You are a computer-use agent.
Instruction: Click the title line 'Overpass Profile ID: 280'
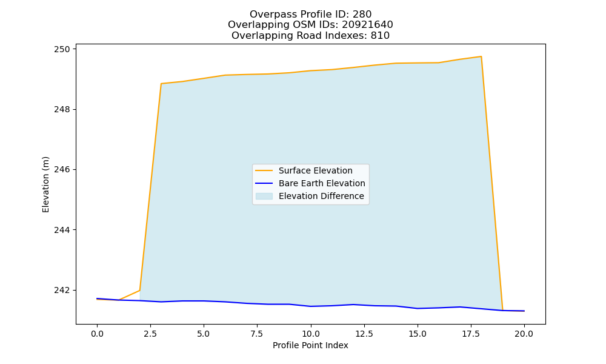(310, 15)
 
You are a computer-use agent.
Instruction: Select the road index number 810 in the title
(381, 36)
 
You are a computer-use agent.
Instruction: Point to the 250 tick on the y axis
(62, 49)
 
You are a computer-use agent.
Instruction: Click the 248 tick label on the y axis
(62, 109)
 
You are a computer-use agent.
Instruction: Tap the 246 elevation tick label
(62, 169)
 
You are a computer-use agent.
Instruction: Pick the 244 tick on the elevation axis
(62, 230)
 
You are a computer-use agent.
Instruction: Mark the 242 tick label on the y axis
(62, 290)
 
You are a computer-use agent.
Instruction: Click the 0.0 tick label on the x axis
(97, 334)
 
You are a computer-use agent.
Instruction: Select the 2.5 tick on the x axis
(150, 334)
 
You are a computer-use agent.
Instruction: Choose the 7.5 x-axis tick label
(257, 334)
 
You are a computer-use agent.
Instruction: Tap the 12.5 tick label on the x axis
(364, 334)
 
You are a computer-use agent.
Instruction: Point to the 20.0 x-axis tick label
(524, 334)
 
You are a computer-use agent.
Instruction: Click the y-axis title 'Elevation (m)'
(45, 184)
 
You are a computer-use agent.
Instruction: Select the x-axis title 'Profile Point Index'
(310, 345)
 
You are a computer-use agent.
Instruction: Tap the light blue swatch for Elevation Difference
(264, 196)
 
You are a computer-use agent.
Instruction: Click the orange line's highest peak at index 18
(481, 56)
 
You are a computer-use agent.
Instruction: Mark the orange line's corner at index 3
(161, 84)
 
